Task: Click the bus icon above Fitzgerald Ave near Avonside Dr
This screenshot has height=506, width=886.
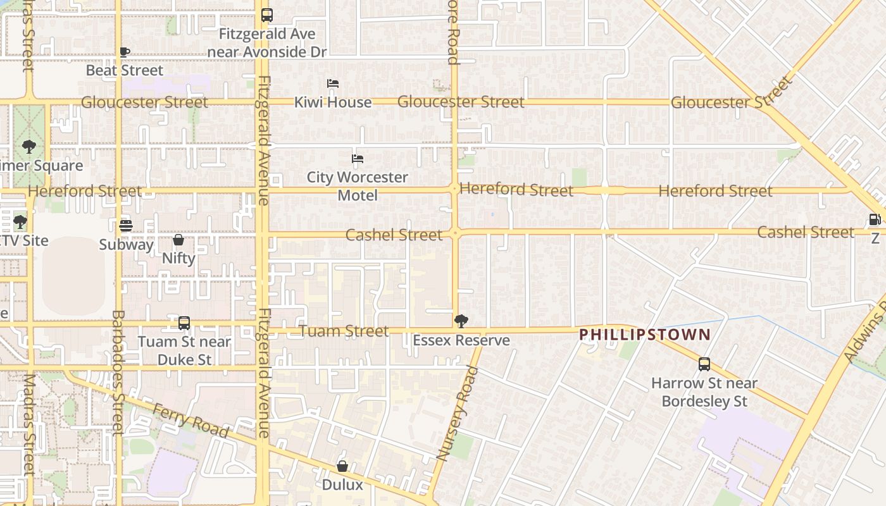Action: [x=267, y=15]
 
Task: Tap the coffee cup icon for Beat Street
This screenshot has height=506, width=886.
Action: [x=125, y=52]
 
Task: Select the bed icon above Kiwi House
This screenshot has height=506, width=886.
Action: [x=333, y=83]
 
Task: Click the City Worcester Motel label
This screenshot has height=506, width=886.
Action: [x=358, y=186]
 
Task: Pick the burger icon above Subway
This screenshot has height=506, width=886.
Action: [x=126, y=225]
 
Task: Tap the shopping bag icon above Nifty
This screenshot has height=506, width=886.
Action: [x=178, y=240]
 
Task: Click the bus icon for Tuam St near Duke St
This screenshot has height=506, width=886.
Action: [x=184, y=323]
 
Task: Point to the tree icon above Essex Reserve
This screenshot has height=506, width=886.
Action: [x=461, y=321]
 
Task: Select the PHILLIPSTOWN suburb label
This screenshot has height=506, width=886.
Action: [x=645, y=335]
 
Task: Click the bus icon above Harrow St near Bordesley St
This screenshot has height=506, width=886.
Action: [x=704, y=364]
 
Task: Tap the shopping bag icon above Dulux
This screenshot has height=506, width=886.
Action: [x=342, y=466]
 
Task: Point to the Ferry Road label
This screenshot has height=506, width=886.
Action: [x=190, y=421]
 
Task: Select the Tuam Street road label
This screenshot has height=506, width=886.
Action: [x=344, y=331]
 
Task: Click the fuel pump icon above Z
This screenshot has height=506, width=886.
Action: [x=875, y=219]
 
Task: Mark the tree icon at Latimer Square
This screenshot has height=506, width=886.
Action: [x=28, y=147]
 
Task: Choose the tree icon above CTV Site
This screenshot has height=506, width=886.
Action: [x=20, y=222]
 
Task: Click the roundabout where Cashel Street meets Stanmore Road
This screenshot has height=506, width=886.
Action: [x=455, y=233]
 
